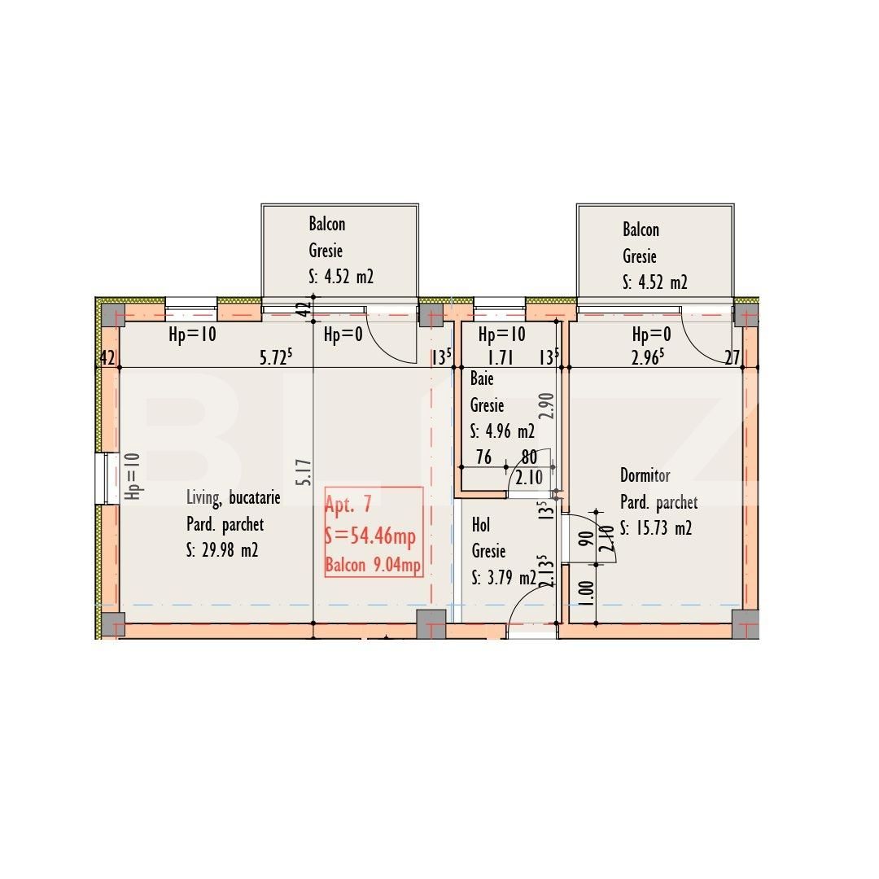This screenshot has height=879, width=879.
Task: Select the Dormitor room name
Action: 645,475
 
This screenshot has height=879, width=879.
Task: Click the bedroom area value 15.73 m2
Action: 656,528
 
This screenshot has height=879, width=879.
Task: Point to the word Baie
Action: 482,379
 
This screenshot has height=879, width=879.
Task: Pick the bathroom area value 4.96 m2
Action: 502,431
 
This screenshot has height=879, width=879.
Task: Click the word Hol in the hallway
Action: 481,526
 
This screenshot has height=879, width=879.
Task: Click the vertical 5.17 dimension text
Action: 304,472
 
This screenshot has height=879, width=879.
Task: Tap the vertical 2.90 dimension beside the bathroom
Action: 546,405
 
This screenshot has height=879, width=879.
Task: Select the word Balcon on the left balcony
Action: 326,224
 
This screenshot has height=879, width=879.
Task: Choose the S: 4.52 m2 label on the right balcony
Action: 655,282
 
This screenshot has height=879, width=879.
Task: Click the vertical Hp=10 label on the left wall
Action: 133,476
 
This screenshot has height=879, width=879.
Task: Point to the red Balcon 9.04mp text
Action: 373,565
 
